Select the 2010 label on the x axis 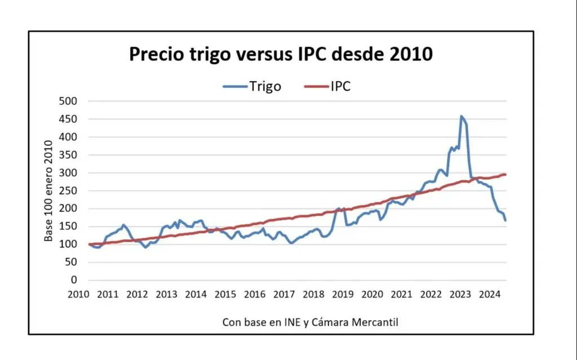78,294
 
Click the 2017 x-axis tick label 284,294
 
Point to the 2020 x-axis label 372,294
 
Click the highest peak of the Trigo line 461,116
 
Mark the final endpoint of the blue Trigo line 505,220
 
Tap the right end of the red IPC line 505,174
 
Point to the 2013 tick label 166,294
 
